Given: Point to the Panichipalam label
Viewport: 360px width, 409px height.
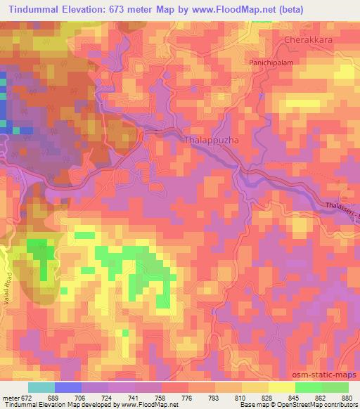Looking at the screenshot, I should click(270, 62).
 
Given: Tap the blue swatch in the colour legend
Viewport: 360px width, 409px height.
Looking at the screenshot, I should click(67, 387).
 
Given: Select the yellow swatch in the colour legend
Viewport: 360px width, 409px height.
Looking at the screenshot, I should click(281, 387).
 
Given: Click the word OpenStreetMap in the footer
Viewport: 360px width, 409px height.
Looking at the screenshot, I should click(308, 405).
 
